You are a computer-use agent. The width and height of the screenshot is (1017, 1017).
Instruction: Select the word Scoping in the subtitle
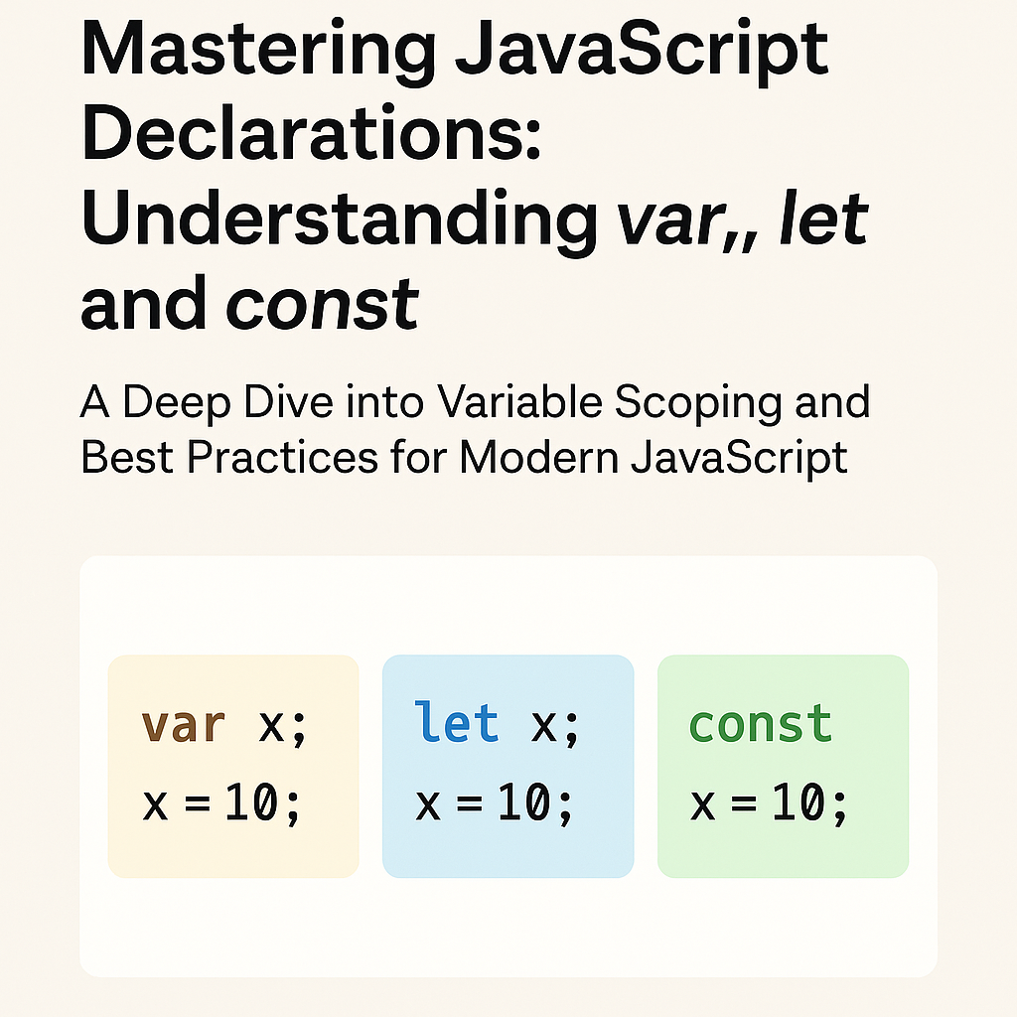pyautogui.click(x=704, y=402)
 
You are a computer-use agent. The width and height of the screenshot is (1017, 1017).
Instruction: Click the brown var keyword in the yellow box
pyautogui.click(x=184, y=725)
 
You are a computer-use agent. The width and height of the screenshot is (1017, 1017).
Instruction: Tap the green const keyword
pyautogui.click(x=761, y=724)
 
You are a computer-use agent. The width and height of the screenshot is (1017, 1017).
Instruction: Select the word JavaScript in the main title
pyautogui.click(x=643, y=50)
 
